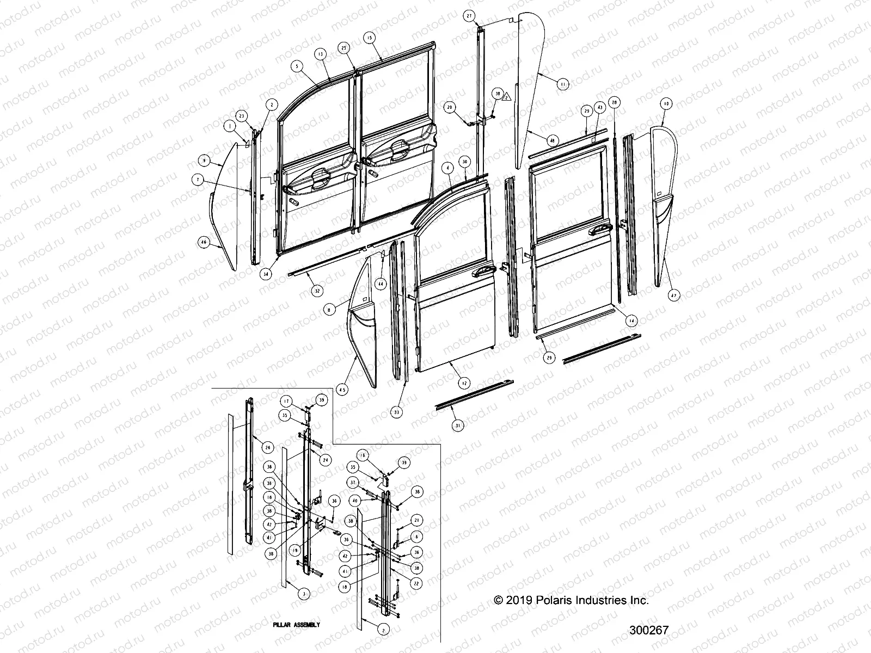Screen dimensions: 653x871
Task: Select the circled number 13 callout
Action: pos(320,54)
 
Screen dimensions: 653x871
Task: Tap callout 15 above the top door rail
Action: pos(369,38)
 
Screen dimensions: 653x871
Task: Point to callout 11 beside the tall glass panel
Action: pos(562,84)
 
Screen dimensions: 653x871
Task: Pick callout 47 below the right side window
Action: pos(673,295)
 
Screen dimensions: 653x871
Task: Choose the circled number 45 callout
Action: pos(342,389)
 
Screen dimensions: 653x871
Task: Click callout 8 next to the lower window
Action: pos(329,309)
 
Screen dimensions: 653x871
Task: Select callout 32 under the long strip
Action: pos(316,291)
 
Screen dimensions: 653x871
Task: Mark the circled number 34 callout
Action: pos(265,274)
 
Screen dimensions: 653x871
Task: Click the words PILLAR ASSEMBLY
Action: pos(296,625)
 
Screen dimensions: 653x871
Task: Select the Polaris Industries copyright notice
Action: pos(571,601)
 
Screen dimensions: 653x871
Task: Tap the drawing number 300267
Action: pos(648,630)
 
